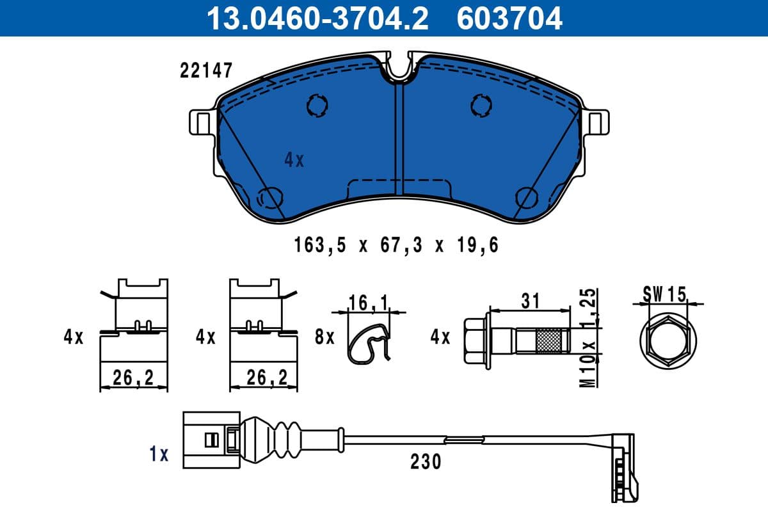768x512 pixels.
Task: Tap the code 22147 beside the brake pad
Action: coord(205,70)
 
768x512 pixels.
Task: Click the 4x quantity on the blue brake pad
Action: coord(294,160)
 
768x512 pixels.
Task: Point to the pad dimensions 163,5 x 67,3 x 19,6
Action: coord(396,245)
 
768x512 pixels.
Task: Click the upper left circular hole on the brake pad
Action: coord(317,105)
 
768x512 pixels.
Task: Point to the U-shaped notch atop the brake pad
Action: coord(400,69)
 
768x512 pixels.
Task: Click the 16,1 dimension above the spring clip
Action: coord(369,302)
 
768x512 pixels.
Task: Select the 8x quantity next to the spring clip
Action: coord(325,337)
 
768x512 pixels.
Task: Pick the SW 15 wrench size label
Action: coord(664,294)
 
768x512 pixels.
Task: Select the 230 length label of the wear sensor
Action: coord(426,461)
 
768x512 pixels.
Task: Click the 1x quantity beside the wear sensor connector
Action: coord(158,454)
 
